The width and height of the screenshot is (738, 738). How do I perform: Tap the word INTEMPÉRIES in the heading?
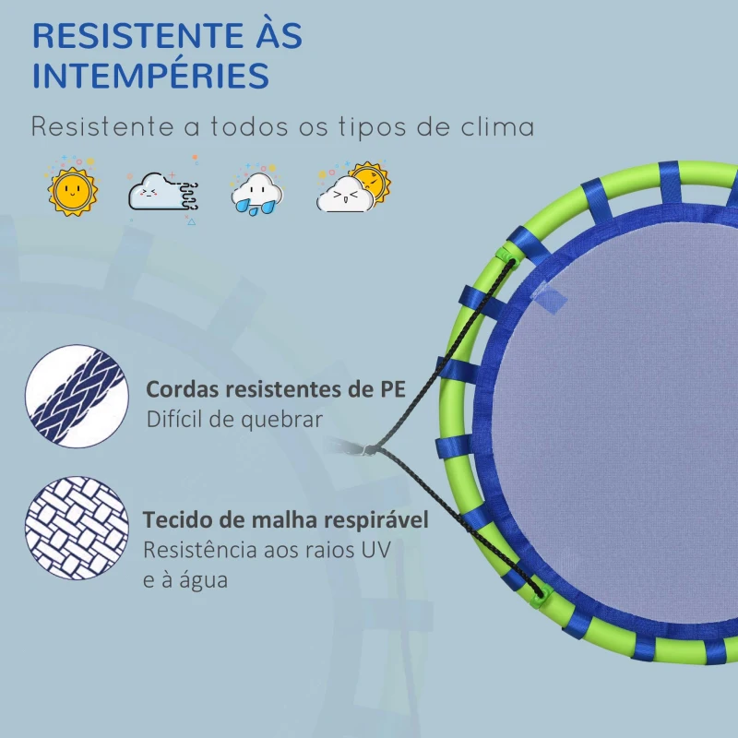point(150,76)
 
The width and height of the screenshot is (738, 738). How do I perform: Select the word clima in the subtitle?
point(498,126)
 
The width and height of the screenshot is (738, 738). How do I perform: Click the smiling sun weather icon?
point(71,187)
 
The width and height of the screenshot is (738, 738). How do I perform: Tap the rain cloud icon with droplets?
point(257,191)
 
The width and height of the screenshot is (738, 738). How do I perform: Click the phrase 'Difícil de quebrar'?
point(234,420)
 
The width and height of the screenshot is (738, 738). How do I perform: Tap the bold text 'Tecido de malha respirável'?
point(285,520)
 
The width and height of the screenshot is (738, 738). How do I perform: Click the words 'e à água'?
point(185,580)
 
